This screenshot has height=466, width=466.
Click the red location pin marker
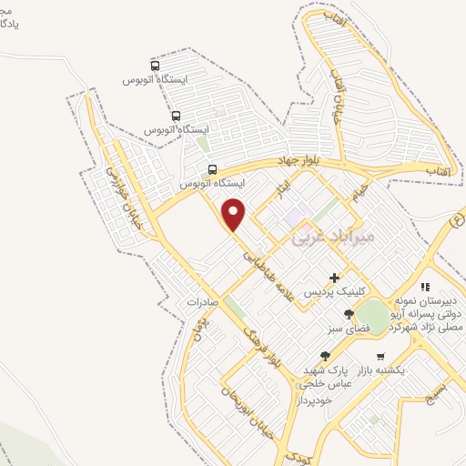tap(234, 214)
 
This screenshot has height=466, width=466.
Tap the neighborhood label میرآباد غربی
tap(331, 238)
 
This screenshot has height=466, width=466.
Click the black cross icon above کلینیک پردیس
tap(335, 278)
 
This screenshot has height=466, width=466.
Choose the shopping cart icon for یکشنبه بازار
tap(380, 356)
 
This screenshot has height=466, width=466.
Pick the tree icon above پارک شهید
tap(325, 356)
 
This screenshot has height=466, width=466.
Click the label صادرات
tap(205, 301)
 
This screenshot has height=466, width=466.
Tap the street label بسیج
tap(438, 394)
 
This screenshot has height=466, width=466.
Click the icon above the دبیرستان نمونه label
tap(425, 287)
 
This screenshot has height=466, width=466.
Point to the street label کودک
tap(297, 455)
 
